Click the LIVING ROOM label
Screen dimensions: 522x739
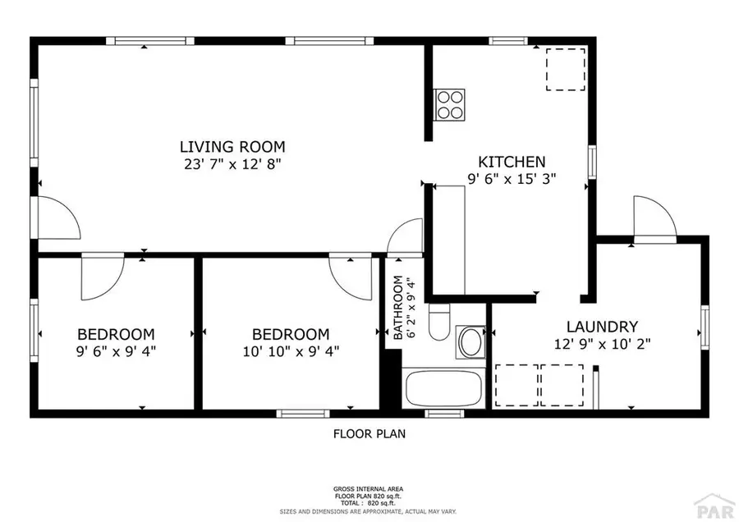tap(232, 147)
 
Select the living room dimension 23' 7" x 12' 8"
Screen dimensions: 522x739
tap(232, 163)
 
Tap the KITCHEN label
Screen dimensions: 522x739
tap(512, 162)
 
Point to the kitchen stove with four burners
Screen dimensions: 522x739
tap(450, 104)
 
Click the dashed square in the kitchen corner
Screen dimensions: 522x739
tap(566, 69)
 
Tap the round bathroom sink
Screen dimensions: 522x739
tap(471, 342)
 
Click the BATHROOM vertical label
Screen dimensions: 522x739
tap(397, 308)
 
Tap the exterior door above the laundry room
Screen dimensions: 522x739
tap(654, 217)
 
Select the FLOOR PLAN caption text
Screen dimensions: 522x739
tap(369, 433)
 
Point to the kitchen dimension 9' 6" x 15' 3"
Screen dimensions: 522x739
tap(512, 179)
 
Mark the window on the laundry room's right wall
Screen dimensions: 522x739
tap(704, 327)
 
